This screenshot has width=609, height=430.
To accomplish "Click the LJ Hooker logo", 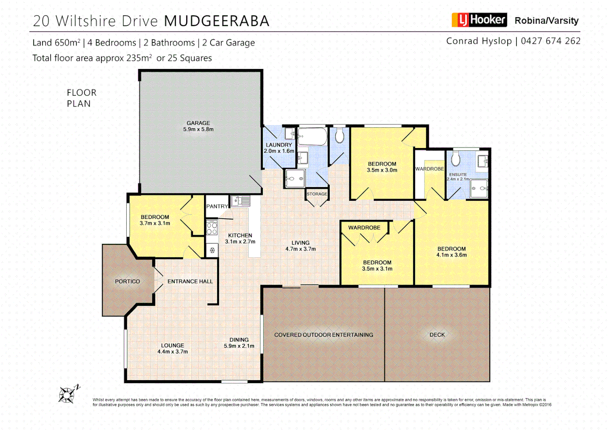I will click(x=479, y=20).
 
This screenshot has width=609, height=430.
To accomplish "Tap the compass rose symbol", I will click(x=68, y=395).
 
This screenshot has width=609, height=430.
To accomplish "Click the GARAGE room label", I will click(x=198, y=123).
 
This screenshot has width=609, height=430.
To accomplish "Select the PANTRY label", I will click(x=217, y=206).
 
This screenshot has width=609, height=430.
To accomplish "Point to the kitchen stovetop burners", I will click(x=212, y=228).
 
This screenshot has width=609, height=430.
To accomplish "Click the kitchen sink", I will click(x=241, y=201).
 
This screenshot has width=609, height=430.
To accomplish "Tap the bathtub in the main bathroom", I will click(x=313, y=136).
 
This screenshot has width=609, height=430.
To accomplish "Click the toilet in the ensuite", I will click(x=456, y=159).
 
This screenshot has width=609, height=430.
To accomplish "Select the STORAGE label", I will click(x=317, y=194).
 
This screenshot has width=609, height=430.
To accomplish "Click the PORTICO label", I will click(x=128, y=281).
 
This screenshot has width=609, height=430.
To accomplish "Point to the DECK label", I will click(x=437, y=335).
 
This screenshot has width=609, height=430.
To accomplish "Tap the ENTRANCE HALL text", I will click(x=190, y=281).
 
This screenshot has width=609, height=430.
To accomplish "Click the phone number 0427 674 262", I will click(x=550, y=41).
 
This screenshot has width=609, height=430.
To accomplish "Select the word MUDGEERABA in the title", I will click(x=217, y=21).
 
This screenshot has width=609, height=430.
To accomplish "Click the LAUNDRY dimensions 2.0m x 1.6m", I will click(x=279, y=151).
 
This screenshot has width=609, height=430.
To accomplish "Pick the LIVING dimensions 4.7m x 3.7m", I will click(x=301, y=249).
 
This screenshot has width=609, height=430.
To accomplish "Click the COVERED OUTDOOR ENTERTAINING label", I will click(x=324, y=335).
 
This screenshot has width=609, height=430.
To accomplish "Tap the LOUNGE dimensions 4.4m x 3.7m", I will click(x=173, y=352).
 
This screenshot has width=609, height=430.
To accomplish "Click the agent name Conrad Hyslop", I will click(x=479, y=41).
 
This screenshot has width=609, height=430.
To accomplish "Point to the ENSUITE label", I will click(x=458, y=174).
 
